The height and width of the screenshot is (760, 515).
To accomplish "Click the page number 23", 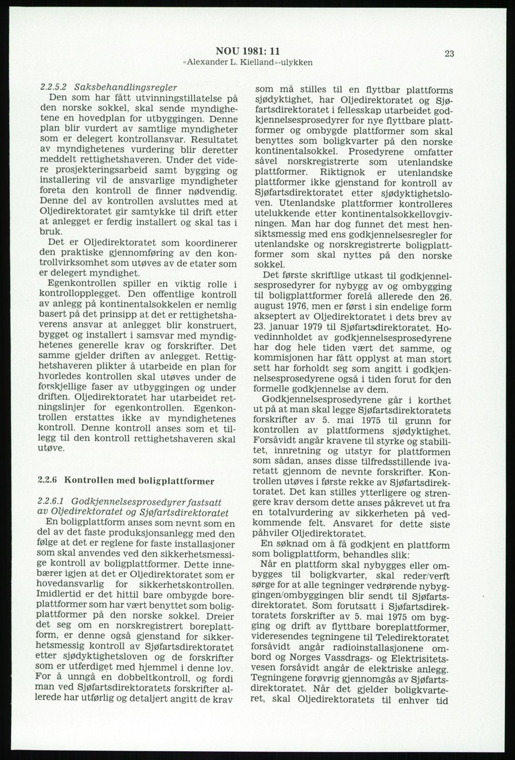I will tap(449, 54).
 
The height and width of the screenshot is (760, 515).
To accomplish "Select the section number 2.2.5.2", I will tap(53, 87).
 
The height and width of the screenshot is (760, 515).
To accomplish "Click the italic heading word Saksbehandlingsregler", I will tap(125, 87).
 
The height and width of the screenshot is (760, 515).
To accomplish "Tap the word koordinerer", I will tap(206, 243).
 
